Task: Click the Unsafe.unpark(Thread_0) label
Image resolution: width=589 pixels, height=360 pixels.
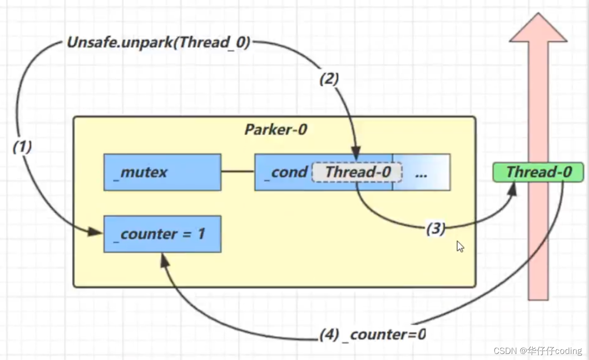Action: [x=159, y=43]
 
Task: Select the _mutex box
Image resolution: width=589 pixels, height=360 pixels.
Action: [x=162, y=173]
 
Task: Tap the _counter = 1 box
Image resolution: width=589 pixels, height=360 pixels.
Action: [x=162, y=234]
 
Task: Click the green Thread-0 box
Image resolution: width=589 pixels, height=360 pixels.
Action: [x=538, y=172]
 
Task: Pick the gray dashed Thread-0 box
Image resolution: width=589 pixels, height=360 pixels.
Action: [x=357, y=172]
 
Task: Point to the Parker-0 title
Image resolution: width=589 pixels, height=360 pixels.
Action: [x=275, y=129]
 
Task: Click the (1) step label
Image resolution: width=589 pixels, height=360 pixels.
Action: [x=22, y=147]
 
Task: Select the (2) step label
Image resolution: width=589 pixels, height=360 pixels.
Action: [x=329, y=79]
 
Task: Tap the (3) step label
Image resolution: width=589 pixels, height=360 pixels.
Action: [x=435, y=228]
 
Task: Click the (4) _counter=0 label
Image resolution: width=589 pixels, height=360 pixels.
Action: [x=373, y=334]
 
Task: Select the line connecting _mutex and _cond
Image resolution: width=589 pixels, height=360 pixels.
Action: [x=238, y=172]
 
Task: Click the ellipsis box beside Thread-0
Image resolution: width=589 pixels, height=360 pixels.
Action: [x=421, y=173]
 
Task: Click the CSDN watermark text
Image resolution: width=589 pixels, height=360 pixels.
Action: [x=537, y=351]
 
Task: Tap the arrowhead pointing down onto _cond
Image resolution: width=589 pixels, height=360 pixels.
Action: [x=356, y=153]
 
